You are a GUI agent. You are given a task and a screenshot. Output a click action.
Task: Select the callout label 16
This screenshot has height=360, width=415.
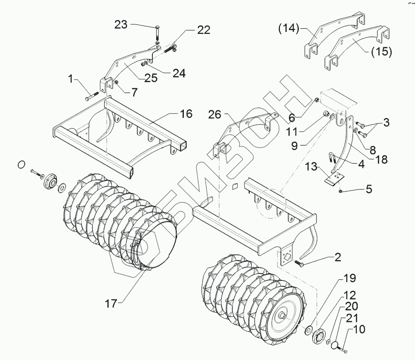point(186,114)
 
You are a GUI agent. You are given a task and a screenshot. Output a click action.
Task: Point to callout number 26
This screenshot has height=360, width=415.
point(215,114)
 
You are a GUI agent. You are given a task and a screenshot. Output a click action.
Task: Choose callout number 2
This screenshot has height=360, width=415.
point(337,258)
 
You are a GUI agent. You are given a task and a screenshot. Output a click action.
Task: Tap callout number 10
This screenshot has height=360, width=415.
point(359,329)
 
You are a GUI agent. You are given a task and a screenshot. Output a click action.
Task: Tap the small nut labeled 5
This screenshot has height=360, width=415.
point(339,191)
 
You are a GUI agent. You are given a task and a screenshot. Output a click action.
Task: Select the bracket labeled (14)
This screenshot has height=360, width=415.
point(313,43)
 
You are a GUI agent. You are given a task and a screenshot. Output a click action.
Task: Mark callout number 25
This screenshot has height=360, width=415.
point(151,79)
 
